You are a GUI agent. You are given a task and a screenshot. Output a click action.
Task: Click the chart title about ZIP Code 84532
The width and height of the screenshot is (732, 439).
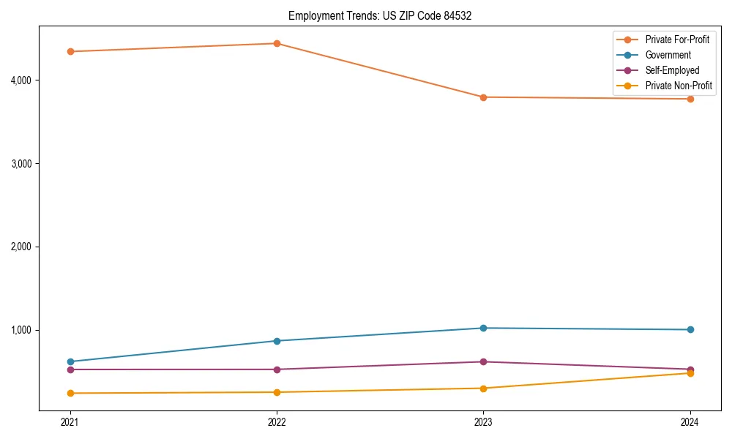click(x=375, y=15)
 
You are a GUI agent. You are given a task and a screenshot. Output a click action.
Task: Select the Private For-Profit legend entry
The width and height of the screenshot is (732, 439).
click(x=677, y=40)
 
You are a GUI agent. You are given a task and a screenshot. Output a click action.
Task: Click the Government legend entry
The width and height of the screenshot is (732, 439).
click(x=668, y=55)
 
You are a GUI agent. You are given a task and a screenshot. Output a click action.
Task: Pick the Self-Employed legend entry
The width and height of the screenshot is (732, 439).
click(x=672, y=70)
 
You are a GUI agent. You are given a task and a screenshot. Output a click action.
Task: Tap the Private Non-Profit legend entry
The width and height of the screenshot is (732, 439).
click(x=679, y=86)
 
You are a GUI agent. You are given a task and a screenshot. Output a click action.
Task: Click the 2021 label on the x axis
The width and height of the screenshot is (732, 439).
click(x=70, y=422)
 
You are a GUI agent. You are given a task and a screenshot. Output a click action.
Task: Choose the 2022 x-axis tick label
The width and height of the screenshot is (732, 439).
click(x=277, y=422)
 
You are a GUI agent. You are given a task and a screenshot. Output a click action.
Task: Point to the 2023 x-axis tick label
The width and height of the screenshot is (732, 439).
click(x=483, y=422)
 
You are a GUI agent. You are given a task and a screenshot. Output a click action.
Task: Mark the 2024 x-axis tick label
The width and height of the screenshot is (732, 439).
click(x=690, y=422)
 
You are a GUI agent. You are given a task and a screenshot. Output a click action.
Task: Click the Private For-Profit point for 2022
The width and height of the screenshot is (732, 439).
click(x=277, y=43)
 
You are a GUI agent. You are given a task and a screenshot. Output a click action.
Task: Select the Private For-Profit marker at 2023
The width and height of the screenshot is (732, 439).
click(x=483, y=97)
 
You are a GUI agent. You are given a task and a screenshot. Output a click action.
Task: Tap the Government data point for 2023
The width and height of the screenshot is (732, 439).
click(x=483, y=328)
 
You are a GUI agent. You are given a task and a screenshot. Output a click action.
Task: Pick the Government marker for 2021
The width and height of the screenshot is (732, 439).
click(x=70, y=361)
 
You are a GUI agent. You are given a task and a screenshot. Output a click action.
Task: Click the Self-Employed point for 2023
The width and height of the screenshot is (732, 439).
click(x=483, y=361)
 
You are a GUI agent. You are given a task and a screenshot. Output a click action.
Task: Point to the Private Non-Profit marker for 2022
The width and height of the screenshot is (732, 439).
click(x=277, y=392)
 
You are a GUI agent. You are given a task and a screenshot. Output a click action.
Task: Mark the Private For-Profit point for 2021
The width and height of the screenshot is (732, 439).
click(x=70, y=51)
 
